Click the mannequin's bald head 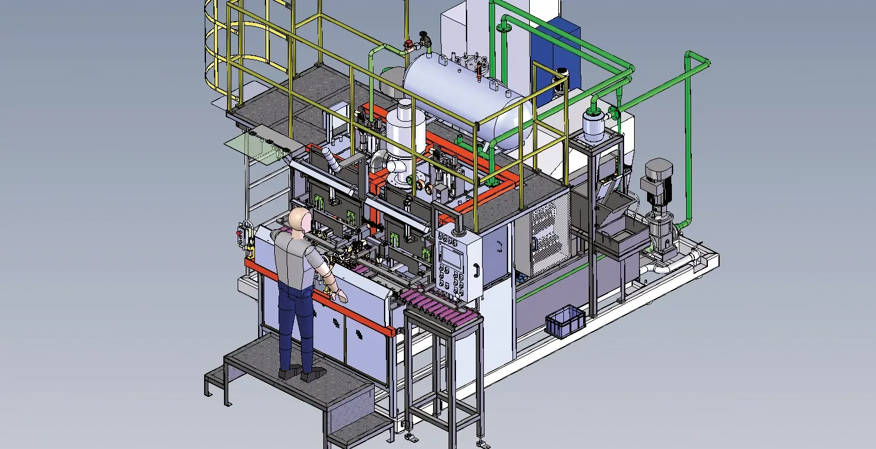point(300,220)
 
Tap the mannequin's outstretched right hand point(340,296)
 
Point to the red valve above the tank point(408,44)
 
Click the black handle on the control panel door point(476,271)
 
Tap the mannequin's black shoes point(301,373)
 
